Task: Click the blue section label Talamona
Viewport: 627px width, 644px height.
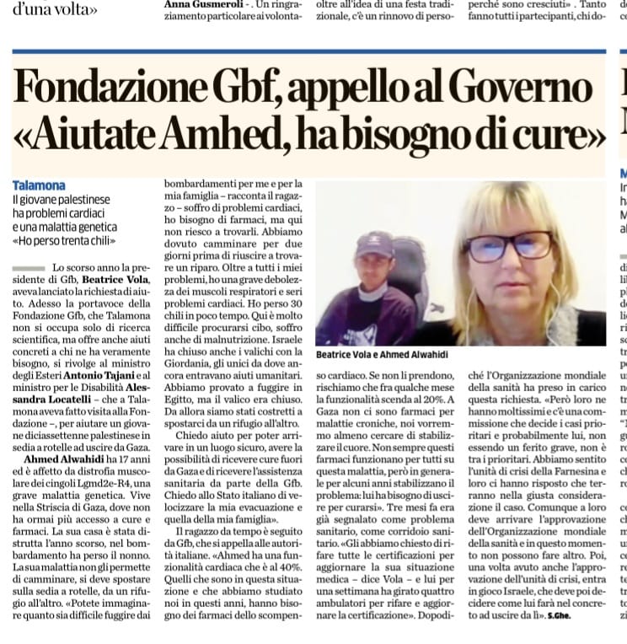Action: [x=40, y=185]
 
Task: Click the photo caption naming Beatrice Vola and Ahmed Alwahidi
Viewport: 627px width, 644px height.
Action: [x=382, y=355]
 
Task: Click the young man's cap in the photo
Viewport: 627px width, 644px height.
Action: [x=373, y=245]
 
